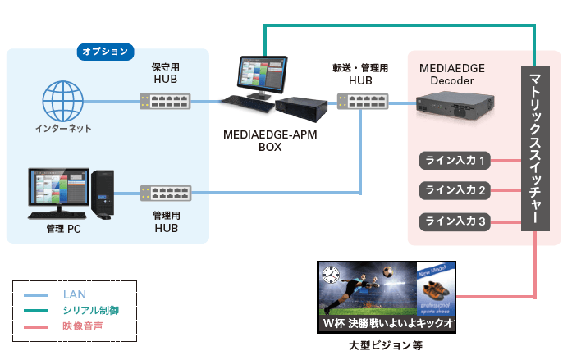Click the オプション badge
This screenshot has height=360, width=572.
pos(104,52)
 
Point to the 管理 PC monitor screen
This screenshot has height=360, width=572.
pos(57,188)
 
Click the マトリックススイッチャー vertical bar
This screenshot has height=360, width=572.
pos(533,148)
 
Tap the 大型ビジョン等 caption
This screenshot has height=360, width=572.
pos(385,346)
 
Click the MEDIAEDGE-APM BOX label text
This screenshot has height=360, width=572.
pos(270,140)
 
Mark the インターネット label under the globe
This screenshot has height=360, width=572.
pos(63,129)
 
